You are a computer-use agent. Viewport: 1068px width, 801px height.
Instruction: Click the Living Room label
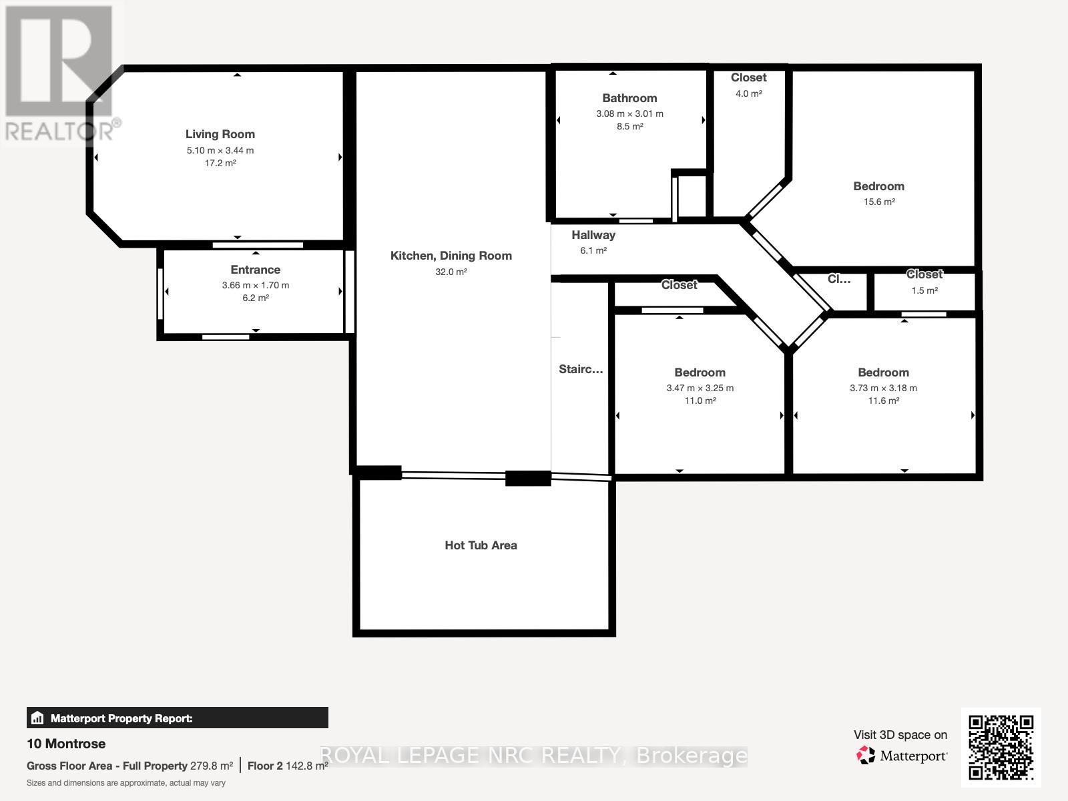point(220,134)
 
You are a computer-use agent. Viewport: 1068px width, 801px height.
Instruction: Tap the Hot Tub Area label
point(481,545)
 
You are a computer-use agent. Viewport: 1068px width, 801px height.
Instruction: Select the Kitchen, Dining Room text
point(451,256)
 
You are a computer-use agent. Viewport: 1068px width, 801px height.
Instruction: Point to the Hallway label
point(593,235)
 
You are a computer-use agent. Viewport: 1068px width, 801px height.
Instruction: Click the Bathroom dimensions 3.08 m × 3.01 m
point(629,114)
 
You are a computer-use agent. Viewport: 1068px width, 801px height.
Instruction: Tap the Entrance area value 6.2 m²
point(255,298)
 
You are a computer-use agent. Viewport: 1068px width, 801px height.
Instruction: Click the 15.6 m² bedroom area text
point(878,202)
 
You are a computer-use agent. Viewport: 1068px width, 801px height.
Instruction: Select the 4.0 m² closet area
point(748,94)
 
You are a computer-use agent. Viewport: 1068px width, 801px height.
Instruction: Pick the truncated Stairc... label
point(580,369)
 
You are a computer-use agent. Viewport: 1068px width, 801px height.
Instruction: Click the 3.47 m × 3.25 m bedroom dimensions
point(700,388)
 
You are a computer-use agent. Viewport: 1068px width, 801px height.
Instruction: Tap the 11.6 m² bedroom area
point(883,401)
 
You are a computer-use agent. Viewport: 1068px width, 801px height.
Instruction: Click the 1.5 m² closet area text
point(924,290)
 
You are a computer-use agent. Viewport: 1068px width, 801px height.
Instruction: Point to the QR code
point(1001,747)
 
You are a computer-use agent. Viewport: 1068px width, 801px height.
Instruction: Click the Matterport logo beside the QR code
point(902,756)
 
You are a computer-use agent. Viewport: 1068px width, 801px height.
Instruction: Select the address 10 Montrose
point(66,744)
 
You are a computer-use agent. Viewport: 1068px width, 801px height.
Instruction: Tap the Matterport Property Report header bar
point(177,718)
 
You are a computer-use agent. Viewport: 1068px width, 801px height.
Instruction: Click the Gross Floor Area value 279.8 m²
point(212,766)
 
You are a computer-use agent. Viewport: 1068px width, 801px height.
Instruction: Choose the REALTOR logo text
point(63,130)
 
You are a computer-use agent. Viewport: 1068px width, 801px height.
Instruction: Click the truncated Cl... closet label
point(838,279)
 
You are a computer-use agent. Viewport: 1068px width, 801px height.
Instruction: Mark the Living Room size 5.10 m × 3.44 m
point(220,151)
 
